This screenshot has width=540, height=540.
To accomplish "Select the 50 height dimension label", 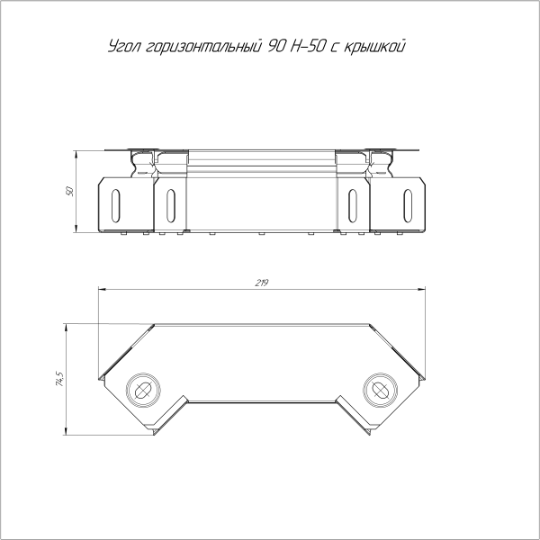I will tap(70, 193).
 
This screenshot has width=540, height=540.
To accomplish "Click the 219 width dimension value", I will tap(260, 283).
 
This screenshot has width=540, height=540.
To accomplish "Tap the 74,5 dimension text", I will tap(59, 379).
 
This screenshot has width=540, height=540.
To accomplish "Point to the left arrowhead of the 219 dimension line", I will tap(101, 290).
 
